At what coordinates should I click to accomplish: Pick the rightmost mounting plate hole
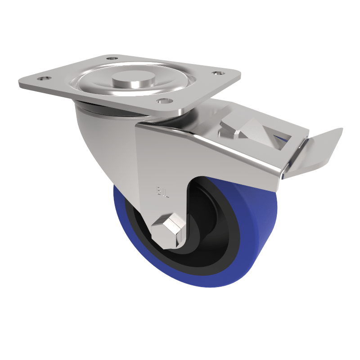point(218,73)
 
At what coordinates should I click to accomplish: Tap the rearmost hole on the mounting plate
point(112,58)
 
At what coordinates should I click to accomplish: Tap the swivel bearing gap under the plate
point(103,108)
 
